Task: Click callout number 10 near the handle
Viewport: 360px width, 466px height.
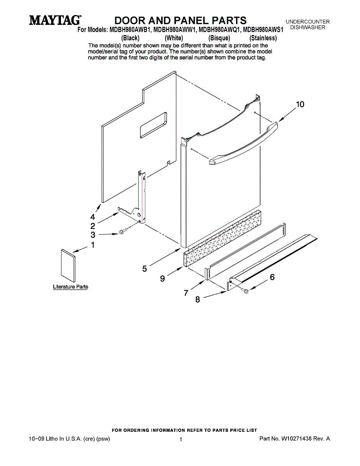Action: (x=300, y=104)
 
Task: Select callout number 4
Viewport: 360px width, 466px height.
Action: (x=92, y=217)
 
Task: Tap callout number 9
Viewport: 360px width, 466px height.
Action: (x=163, y=278)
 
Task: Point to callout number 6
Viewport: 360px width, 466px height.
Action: (x=272, y=277)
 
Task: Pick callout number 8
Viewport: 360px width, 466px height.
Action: (x=197, y=299)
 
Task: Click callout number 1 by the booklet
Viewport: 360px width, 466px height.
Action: (x=93, y=245)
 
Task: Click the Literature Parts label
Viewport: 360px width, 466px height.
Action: (x=71, y=287)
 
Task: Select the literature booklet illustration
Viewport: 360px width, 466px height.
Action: (x=68, y=266)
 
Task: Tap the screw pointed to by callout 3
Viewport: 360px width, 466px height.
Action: (x=123, y=231)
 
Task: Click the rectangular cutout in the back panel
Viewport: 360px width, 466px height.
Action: (x=153, y=125)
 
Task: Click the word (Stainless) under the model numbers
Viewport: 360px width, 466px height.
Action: (x=263, y=38)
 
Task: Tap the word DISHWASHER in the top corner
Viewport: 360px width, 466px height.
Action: (x=308, y=28)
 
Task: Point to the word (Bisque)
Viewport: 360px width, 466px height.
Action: (x=219, y=38)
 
